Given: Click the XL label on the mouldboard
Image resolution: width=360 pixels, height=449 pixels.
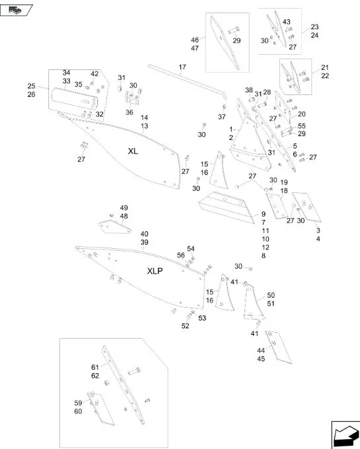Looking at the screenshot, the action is coord(133,151).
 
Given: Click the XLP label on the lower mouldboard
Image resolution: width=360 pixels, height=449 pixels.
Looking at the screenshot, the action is coord(155,271).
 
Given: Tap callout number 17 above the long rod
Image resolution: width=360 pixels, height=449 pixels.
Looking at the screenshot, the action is coord(182,67).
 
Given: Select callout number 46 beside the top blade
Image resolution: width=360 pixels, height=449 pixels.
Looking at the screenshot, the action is coord(195,40).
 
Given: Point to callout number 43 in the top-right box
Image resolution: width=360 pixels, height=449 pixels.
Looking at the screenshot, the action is coord(287,22).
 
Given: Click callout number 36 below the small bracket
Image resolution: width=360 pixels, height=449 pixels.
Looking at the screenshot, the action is coord(129,112).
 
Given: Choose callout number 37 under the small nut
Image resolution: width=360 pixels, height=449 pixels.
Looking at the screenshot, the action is coord(222,117).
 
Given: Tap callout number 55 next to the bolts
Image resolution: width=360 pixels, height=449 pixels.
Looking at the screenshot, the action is coord(302,126).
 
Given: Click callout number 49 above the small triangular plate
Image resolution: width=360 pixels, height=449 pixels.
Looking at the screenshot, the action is coord(124,208).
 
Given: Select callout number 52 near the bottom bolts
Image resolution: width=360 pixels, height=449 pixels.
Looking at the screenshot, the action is coord(186,326).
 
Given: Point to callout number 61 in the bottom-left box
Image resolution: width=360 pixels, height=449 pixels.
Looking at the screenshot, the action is coord(95,367).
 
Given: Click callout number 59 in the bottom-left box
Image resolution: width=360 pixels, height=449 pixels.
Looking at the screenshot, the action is coord(78,403).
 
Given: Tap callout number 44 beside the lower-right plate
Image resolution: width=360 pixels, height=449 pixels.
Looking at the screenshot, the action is coord(261,351).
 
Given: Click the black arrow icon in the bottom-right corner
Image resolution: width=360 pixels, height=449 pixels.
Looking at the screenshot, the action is coord(345,434).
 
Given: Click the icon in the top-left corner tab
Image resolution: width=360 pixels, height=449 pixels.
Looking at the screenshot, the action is coord(15,11).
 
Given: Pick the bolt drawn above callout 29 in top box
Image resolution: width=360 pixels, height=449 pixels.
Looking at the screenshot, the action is coord(234,30).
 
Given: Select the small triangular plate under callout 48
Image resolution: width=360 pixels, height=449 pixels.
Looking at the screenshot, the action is coord(115,226).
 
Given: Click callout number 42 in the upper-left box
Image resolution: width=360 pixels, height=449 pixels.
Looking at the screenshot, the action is coord(94,73).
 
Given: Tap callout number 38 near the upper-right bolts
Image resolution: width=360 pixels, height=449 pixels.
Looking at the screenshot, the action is coord(249,90).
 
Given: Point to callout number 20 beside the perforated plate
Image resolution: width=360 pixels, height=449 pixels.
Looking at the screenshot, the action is coord(302,114).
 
